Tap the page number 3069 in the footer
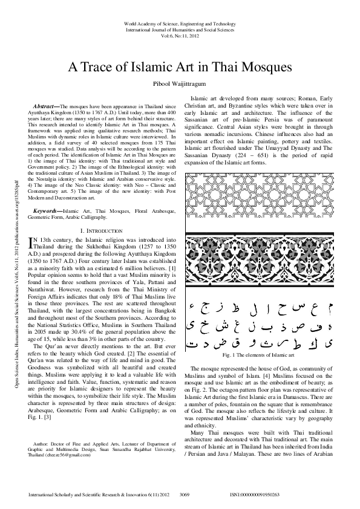point(186,494)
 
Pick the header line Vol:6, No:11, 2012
point(180,36)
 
